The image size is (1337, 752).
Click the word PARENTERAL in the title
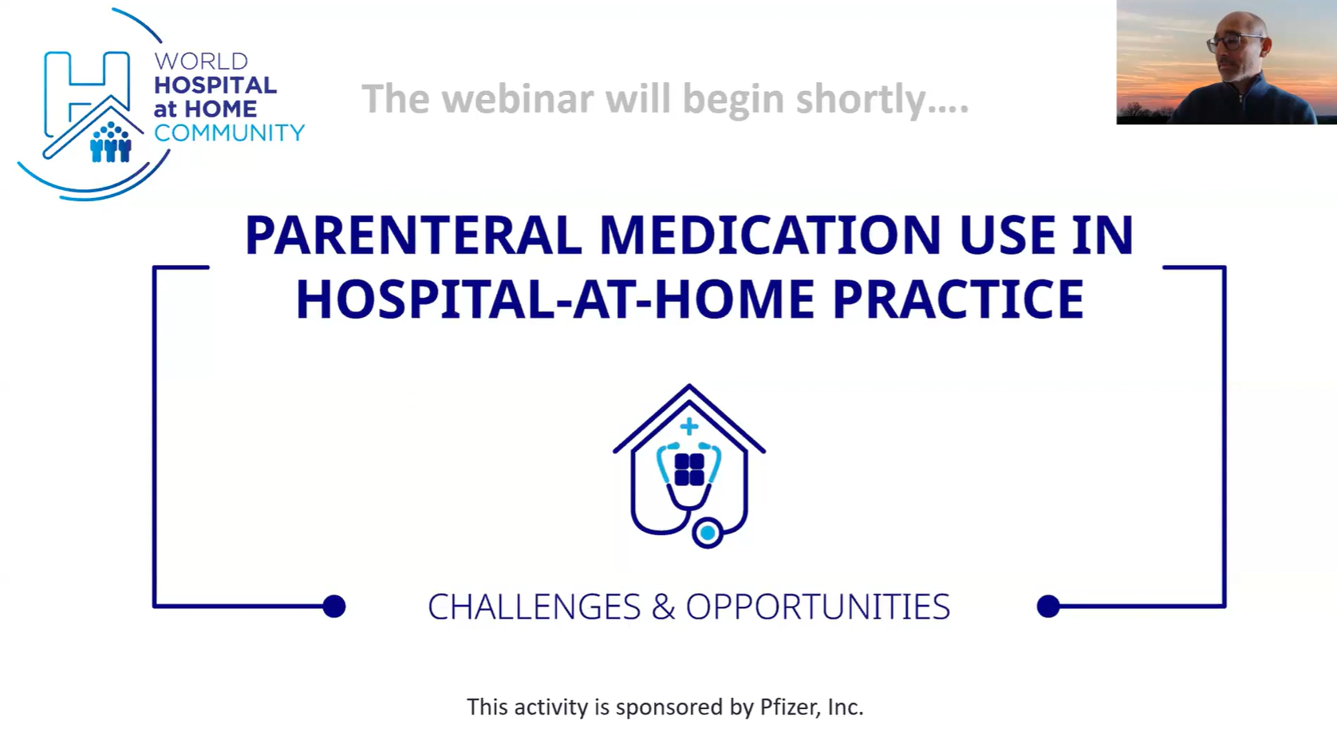pos(413,235)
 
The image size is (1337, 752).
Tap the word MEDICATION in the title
pos(770,235)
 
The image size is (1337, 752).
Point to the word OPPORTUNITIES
pos(818,608)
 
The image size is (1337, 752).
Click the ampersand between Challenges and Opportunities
pos(663,608)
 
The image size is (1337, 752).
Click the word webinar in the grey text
pos(518,99)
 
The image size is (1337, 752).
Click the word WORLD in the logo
pos(201,61)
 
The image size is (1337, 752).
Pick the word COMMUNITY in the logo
pos(229,133)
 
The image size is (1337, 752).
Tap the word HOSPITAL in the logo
pos(215,85)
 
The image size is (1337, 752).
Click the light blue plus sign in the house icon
pos(688,426)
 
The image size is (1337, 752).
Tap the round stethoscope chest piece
pos(708,532)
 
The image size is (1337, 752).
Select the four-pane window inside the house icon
pos(689,469)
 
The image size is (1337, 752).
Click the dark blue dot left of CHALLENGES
pos(334,606)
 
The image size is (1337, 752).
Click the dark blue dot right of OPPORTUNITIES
pos(1048,606)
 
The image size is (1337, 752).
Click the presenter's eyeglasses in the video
pos(1232,42)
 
